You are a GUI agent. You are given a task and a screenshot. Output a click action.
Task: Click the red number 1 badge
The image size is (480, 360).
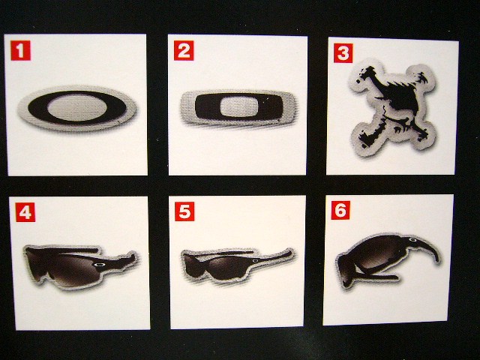[20, 50]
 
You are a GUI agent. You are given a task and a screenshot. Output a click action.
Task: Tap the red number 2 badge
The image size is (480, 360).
[184, 50]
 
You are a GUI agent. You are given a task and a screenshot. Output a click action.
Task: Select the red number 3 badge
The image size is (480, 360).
[343, 53]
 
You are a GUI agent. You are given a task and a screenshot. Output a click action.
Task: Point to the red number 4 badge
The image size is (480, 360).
[25, 212]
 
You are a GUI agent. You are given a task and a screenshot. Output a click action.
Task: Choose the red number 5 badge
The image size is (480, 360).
[184, 211]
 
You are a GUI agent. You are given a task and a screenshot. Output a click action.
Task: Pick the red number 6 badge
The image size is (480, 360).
[340, 210]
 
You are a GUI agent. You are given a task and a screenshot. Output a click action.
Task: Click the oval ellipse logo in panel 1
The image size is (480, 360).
[77, 108]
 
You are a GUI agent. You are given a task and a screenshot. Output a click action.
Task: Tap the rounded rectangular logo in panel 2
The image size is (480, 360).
[238, 107]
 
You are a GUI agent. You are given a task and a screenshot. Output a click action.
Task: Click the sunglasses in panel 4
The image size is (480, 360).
[80, 266]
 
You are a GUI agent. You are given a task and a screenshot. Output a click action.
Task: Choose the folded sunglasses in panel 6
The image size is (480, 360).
[388, 260]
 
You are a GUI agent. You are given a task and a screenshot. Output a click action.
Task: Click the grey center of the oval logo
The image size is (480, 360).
[77, 107]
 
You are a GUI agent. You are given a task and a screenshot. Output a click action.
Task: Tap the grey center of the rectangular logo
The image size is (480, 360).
[238, 106]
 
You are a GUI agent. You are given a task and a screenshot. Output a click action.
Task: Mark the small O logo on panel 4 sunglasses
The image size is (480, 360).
[99, 265]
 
